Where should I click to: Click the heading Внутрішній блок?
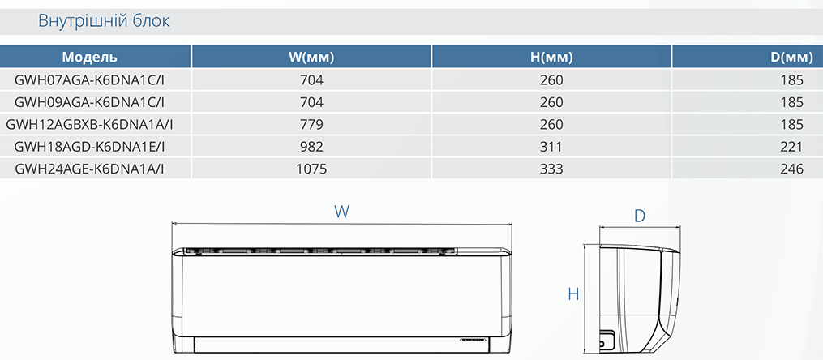(104, 22)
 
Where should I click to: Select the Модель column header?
(90, 58)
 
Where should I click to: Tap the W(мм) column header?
(312, 58)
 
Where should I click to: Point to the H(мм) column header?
(551, 58)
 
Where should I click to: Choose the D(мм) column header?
(791, 58)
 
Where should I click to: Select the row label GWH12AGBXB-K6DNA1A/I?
(90, 124)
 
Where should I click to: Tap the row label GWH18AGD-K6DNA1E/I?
(90, 147)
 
